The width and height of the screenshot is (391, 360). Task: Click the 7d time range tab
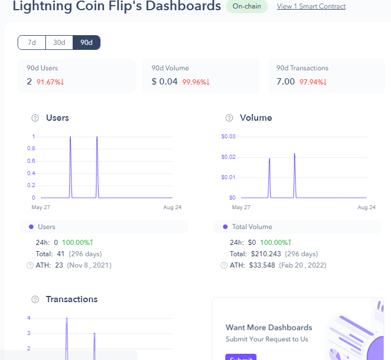pos(32,43)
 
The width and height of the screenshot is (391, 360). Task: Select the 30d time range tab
pos(59,43)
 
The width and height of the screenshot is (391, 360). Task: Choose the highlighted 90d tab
pos(86,43)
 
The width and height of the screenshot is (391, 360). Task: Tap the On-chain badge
pos(246,6)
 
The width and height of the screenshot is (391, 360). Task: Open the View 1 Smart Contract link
pos(311,6)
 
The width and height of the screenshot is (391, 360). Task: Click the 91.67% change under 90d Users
pos(51,82)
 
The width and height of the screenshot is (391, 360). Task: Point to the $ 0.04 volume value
pos(165,82)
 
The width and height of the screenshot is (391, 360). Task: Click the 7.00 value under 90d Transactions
pos(285,82)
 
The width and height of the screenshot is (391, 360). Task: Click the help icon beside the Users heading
pos(35,118)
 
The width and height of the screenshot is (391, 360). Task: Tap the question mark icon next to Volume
pos(229,118)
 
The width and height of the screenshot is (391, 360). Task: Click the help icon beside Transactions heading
pos(35,299)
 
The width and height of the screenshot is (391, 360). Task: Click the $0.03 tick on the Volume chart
pos(228,137)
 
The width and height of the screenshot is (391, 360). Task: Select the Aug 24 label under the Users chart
pos(172,207)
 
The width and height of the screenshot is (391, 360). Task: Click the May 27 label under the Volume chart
pos(241,207)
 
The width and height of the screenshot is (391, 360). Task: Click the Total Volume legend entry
pos(251,227)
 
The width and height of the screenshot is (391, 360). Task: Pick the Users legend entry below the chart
pos(46,227)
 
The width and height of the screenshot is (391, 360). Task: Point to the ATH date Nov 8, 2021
pos(90,265)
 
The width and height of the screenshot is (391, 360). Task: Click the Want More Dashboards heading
pos(269,327)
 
